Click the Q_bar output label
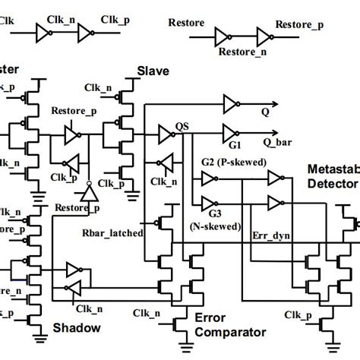tap(278, 142)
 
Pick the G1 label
tap(235, 144)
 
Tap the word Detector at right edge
tap(334, 183)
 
